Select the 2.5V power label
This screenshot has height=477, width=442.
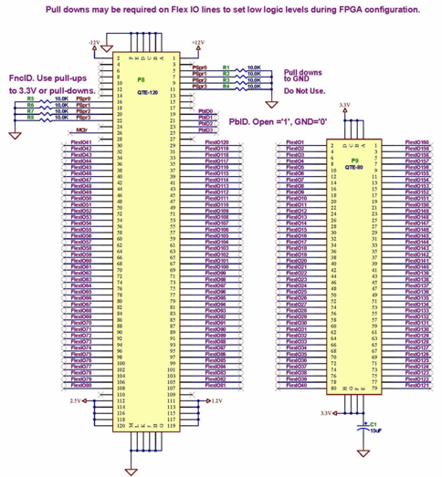(x=75, y=399)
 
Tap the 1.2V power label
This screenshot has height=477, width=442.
(x=216, y=399)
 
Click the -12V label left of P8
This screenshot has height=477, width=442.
(x=94, y=43)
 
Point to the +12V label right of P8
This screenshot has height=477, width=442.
(x=197, y=43)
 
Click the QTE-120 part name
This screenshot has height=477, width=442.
(x=142, y=94)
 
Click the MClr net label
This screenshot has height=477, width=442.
(x=82, y=130)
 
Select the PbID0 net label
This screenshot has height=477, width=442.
(x=205, y=111)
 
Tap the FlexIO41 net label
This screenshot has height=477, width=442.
(x=81, y=143)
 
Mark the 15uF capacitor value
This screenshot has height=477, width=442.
(x=374, y=430)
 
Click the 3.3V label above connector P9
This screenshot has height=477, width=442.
(x=344, y=105)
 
